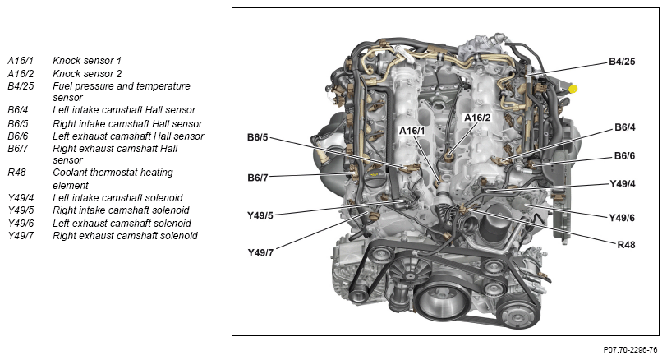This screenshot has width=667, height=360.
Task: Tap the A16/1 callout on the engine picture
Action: pyautogui.click(x=412, y=131)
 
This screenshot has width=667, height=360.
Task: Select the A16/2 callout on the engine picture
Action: pyautogui.click(x=476, y=118)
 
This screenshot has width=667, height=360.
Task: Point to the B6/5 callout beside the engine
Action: pyautogui.click(x=257, y=136)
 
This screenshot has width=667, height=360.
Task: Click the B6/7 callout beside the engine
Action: pyautogui.click(x=257, y=177)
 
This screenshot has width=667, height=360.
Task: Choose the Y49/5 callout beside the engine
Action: pyautogui.click(x=260, y=215)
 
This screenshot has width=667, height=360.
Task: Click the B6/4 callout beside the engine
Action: pyautogui.click(x=626, y=127)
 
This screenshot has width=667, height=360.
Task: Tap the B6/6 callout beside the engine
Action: pyautogui.click(x=626, y=155)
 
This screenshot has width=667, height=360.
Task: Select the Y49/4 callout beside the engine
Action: pyautogui.click(x=622, y=184)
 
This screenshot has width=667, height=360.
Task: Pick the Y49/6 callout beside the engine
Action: pyautogui.click(x=622, y=218)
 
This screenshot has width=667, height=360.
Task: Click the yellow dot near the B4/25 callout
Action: pyautogui.click(x=573, y=88)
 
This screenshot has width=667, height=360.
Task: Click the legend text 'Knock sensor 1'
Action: pyautogui.click(x=86, y=61)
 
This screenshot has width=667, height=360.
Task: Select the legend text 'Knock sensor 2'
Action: pyautogui.click(x=86, y=73)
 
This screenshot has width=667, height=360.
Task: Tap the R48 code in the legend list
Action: pyautogui.click(x=16, y=173)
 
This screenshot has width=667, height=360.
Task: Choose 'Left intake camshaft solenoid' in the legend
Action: pyautogui.click(x=117, y=198)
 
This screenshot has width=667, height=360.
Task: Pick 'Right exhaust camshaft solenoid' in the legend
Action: pyautogui.click(x=125, y=236)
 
